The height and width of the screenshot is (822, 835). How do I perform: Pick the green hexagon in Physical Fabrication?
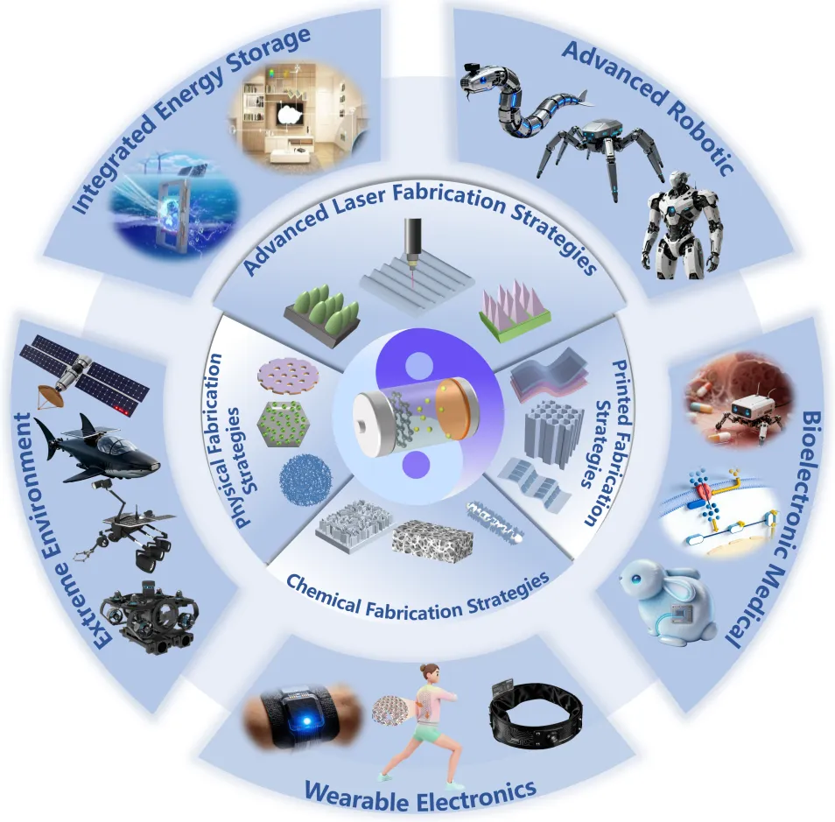tap(284, 425)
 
